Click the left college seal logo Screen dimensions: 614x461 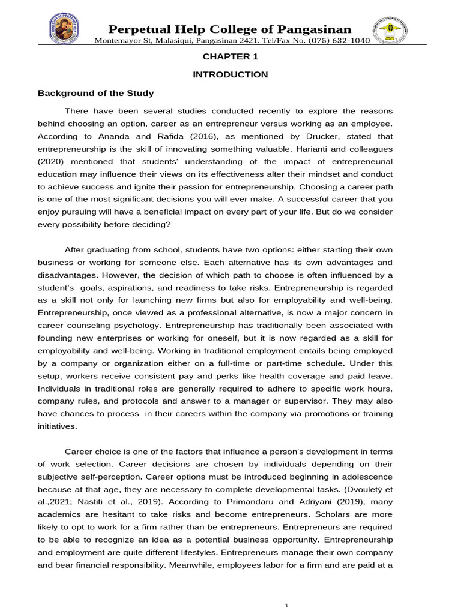[64, 29]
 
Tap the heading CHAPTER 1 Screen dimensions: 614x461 [230, 57]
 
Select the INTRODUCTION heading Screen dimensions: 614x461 [230, 75]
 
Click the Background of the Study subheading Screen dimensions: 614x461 [96, 93]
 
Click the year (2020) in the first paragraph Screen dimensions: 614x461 [53, 161]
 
